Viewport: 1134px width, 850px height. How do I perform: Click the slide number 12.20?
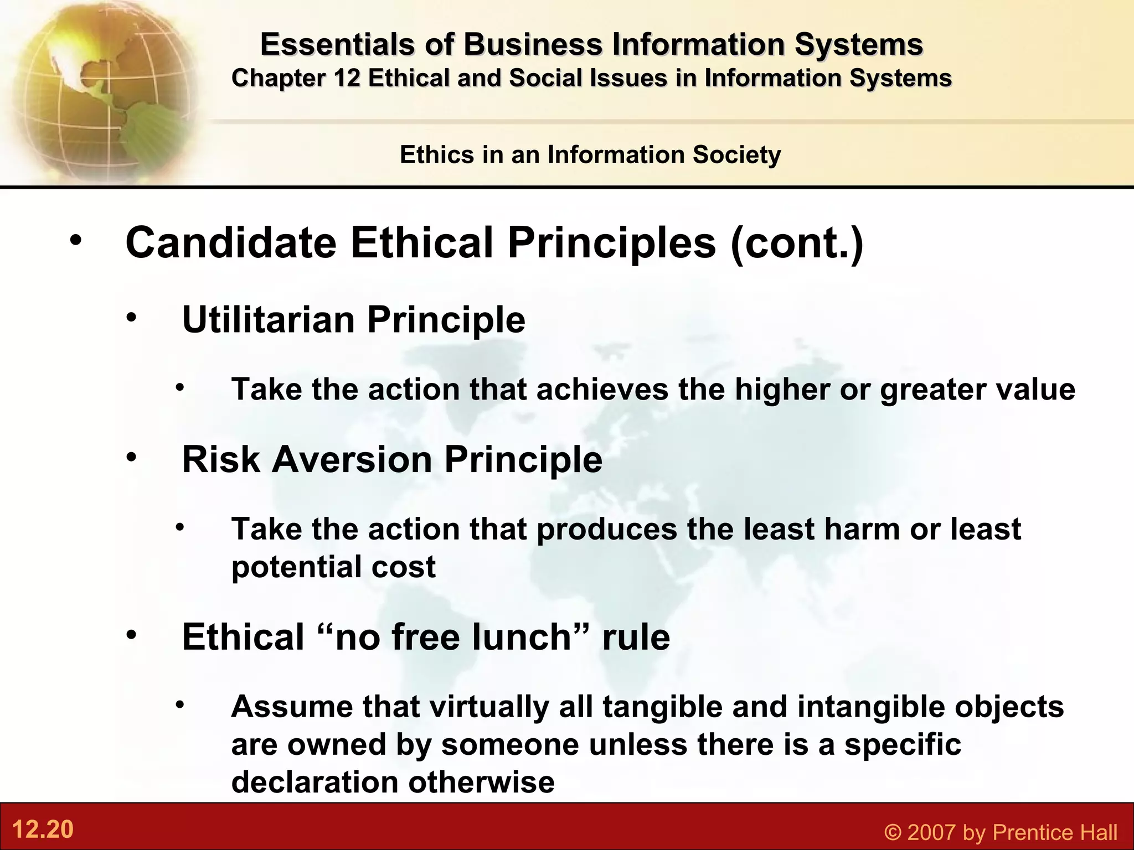coord(43,830)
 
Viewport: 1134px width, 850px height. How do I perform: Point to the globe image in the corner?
coord(100,89)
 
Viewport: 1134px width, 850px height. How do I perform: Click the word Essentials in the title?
coord(337,44)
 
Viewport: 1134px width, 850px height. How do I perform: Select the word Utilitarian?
coord(269,319)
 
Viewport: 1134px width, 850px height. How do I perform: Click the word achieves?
coord(602,389)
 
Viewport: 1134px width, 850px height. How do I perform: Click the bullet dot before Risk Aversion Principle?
coord(131,458)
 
